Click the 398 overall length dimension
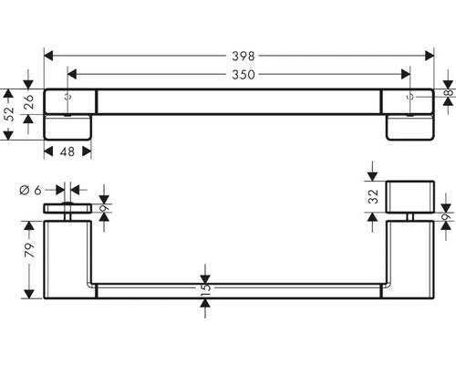pos(244,56)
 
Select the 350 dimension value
pos(244,75)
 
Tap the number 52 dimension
pos(10,114)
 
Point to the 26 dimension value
pos(28,102)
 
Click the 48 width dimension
pos(67,151)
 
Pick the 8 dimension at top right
pos(450,92)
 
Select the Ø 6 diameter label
pos(30,191)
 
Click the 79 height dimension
pos(29,250)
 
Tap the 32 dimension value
pos(373,196)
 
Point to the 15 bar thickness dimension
pos(205,287)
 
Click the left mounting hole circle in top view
pos(68,97)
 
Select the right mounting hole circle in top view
pos(409,97)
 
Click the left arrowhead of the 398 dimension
pos(48,56)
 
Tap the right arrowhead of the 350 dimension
pos(406,74)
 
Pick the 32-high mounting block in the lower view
pos(410,197)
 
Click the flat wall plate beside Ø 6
pos(67,208)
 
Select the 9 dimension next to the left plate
pos(105,209)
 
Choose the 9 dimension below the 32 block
pos(446,217)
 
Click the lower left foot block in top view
pos(67,127)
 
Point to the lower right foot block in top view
pos(410,127)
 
